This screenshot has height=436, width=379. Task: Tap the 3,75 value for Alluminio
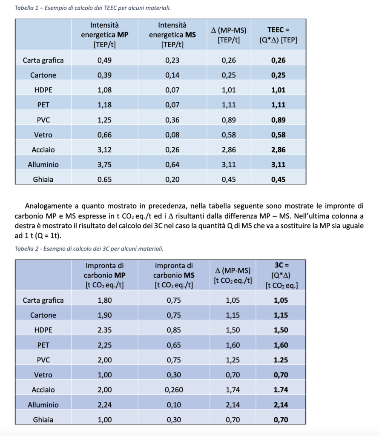pyautogui.click(x=104, y=164)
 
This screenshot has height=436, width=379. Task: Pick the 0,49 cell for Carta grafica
pyautogui.click(x=104, y=60)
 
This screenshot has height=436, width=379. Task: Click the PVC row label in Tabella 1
pyautogui.click(x=43, y=120)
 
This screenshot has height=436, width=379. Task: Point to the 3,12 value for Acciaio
pyautogui.click(x=104, y=149)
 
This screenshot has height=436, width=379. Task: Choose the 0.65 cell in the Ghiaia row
pyautogui.click(x=104, y=179)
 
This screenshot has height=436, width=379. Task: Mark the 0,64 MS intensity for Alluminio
pyautogui.click(x=172, y=164)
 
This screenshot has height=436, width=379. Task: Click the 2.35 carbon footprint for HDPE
pyautogui.click(x=104, y=330)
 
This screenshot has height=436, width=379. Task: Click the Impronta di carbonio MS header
pyautogui.click(x=174, y=275)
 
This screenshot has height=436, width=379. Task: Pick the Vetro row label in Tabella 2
pyautogui.click(x=43, y=375)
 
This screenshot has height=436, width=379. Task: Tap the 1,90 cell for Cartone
pyautogui.click(x=104, y=315)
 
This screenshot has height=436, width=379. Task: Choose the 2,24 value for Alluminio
pyautogui.click(x=104, y=404)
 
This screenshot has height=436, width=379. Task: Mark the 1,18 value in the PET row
pyautogui.click(x=104, y=105)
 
